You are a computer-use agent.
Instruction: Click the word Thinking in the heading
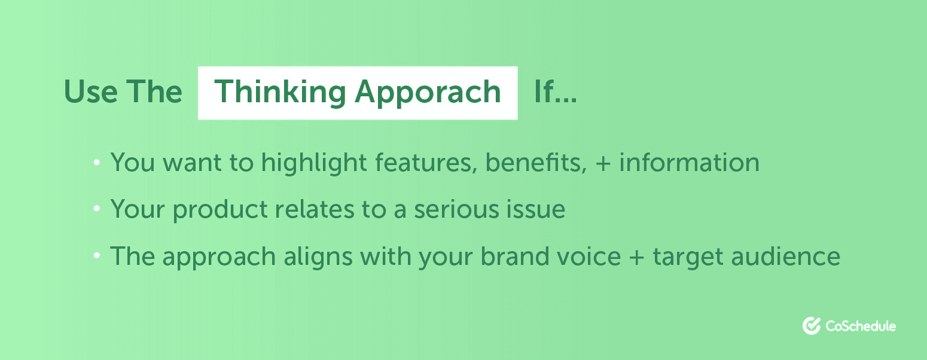pos(279,93)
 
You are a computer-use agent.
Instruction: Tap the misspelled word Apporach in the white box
pos(428,93)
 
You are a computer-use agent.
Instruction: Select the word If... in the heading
pos(555,92)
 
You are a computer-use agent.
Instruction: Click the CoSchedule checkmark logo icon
pos(811,325)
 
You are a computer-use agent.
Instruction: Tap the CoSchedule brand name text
pos(860,326)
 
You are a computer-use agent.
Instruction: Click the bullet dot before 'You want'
pos(96,163)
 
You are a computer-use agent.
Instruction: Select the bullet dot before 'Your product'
pos(96,210)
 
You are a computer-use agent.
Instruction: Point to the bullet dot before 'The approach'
pos(96,257)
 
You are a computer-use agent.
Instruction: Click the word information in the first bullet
pos(689,163)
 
